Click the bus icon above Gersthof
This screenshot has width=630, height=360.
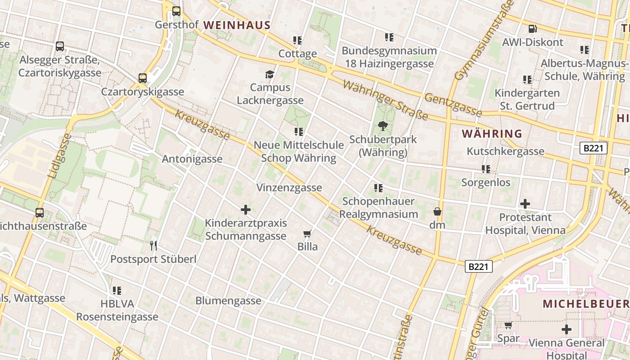(x=176, y=11)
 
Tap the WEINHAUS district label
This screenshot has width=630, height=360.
(x=237, y=25)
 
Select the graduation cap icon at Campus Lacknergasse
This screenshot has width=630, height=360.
(x=270, y=74)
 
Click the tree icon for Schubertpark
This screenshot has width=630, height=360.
(x=383, y=126)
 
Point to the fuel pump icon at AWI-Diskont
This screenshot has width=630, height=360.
(x=532, y=29)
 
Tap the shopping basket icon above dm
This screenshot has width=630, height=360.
(x=437, y=211)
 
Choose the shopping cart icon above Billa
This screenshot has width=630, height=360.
(x=307, y=234)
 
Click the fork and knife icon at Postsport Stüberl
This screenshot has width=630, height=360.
(x=153, y=246)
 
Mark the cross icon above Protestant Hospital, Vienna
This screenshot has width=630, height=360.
(x=525, y=204)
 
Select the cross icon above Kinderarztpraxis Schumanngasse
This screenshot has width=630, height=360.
(x=246, y=210)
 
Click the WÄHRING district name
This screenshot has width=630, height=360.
(x=492, y=134)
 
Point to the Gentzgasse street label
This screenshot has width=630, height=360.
(x=453, y=105)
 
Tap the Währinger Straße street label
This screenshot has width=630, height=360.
(x=385, y=100)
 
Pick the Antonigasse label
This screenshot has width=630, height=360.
(x=192, y=159)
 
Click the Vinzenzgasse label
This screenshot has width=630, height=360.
(x=289, y=188)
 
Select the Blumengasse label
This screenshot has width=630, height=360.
(x=228, y=301)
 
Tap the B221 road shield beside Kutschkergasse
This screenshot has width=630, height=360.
(x=594, y=148)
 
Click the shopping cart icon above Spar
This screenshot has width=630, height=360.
(x=508, y=325)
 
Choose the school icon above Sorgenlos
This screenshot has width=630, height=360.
(x=486, y=169)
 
